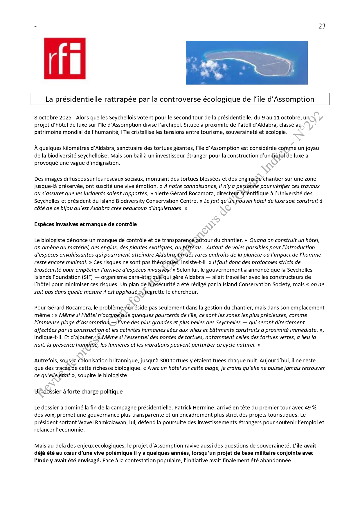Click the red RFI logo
pyautogui.click(x=65, y=58)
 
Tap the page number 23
pyautogui.click(x=322, y=26)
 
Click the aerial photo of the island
pyautogui.click(x=246, y=63)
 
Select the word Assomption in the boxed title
pyautogui.click(x=294, y=99)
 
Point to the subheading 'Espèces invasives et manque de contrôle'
pyautogui.click(x=85, y=224)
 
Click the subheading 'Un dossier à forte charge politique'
pyautogui.click(x=78, y=392)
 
